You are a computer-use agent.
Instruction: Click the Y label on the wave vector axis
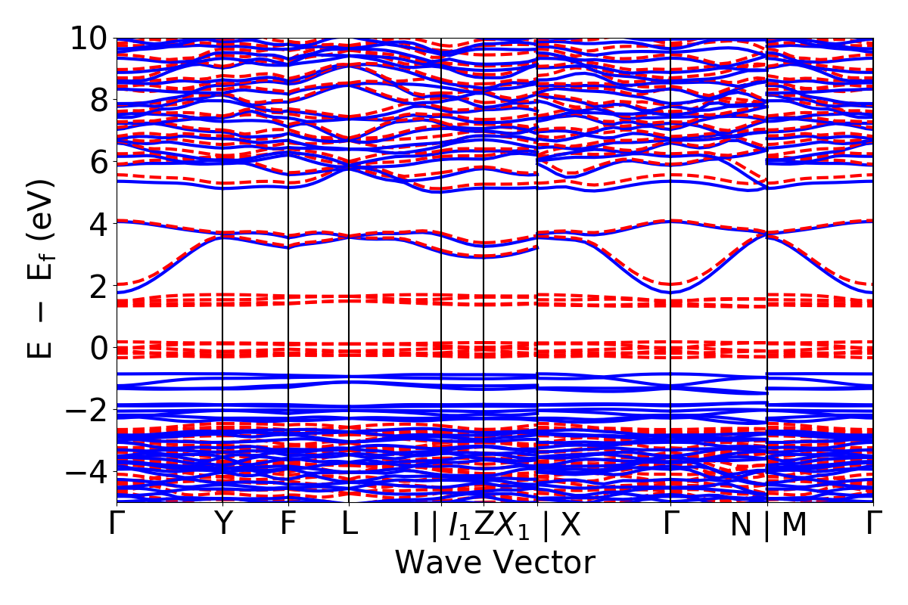(222, 524)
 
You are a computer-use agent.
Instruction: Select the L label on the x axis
(349, 524)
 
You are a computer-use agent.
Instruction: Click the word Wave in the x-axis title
(440, 563)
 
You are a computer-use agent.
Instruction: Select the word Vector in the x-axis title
(545, 563)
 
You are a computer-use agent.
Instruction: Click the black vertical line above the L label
(349, 227)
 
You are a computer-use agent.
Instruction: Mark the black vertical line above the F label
(288, 227)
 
